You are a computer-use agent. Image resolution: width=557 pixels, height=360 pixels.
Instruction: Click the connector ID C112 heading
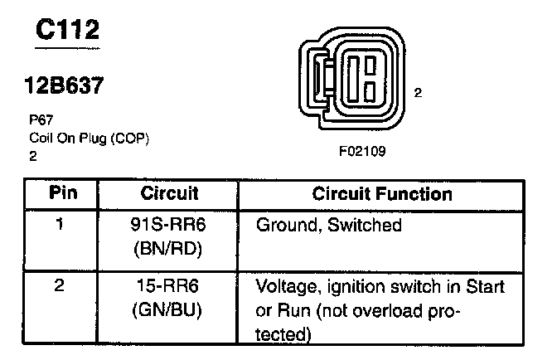pyautogui.click(x=69, y=32)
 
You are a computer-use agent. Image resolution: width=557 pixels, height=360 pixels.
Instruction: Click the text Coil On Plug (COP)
pyautogui.click(x=89, y=138)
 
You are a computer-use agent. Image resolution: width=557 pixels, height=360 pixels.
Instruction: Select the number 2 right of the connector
pyautogui.click(x=419, y=93)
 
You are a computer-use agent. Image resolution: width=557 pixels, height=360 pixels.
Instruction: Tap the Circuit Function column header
pyautogui.click(x=382, y=194)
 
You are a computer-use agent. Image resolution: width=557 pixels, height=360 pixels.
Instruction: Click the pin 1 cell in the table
pyautogui.click(x=61, y=225)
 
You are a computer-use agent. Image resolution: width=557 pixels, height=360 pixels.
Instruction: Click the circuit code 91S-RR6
pyautogui.click(x=167, y=225)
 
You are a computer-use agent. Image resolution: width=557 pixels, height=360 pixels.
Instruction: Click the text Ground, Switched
pyautogui.click(x=328, y=225)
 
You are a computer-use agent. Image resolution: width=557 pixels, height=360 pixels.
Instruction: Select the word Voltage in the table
pyautogui.click(x=288, y=289)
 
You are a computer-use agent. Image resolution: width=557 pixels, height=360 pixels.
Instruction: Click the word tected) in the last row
pyautogui.click(x=283, y=334)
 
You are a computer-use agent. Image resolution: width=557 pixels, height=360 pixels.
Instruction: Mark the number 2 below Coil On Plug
pyautogui.click(x=32, y=154)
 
